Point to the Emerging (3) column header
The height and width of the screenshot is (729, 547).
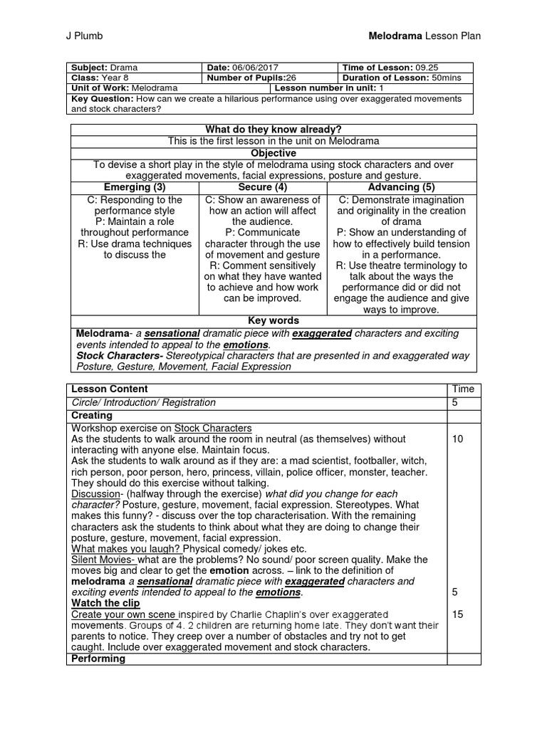135,187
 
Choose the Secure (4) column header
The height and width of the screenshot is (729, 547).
262,187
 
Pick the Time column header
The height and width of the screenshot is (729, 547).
463,389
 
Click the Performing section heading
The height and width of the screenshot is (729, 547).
98,659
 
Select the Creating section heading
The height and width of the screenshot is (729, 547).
92,415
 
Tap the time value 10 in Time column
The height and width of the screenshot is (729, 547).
458,440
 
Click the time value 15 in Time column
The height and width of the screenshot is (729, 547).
458,614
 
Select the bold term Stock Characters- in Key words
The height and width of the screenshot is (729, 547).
120,355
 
